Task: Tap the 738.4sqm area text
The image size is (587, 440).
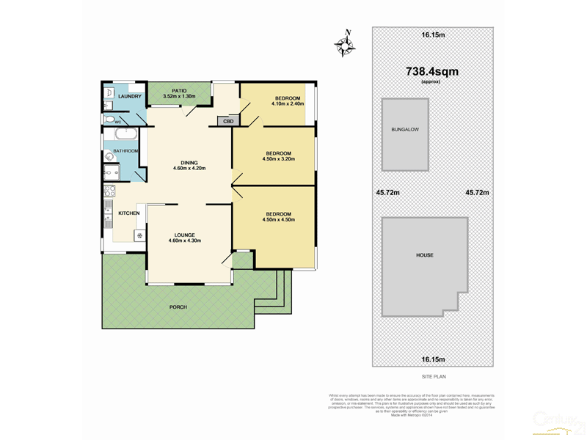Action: [x=432, y=71]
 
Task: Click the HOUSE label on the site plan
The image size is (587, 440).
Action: [x=424, y=255]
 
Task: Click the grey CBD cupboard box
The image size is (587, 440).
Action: [x=228, y=121]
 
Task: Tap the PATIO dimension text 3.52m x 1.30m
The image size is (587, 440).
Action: [x=178, y=96]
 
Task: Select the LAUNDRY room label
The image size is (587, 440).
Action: [x=129, y=96]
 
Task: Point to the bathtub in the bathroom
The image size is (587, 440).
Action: [x=125, y=135]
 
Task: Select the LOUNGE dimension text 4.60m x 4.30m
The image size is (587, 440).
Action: [x=184, y=241]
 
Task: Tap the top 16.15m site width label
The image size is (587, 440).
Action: [x=433, y=34]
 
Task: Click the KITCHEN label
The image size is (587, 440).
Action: [x=129, y=213]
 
